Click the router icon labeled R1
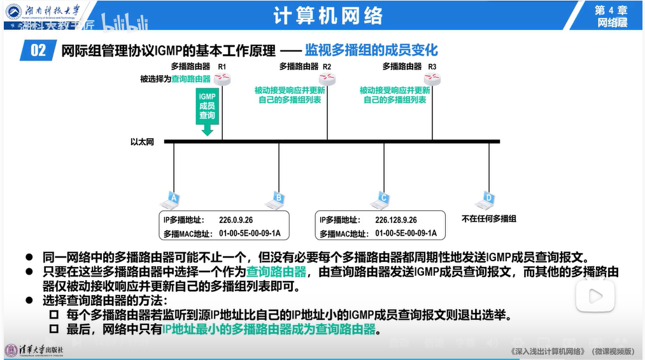point(222,79)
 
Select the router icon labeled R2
point(327,79)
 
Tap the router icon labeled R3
point(433,79)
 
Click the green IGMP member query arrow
point(206,112)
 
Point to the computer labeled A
point(169,199)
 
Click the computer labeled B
point(276,199)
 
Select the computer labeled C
point(381,199)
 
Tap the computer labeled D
point(488,199)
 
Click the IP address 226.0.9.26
point(236,219)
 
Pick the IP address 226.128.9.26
point(396,219)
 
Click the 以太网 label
point(142,141)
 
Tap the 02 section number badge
point(38,50)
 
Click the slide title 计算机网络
point(328,15)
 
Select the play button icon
point(595,296)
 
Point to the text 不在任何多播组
point(488,219)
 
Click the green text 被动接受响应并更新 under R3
point(395,90)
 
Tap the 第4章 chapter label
point(611,10)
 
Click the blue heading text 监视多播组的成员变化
point(371,50)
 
